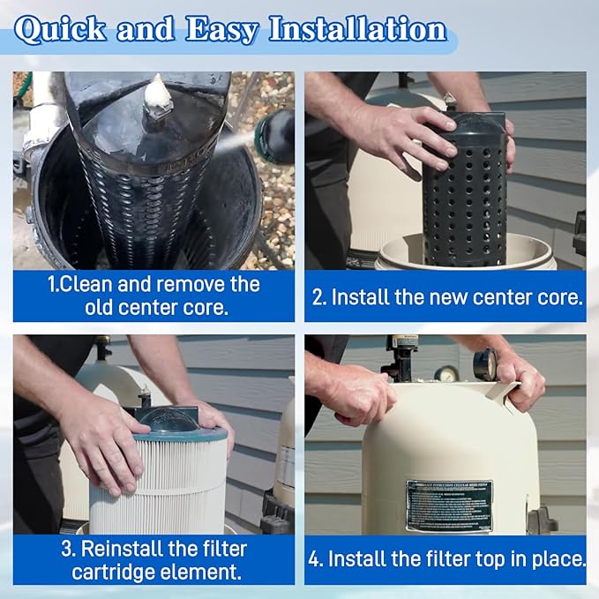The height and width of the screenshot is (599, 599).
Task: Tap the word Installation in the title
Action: point(356,30)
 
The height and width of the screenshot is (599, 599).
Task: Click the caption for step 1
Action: point(153,296)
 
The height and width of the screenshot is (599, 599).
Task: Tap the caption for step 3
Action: point(153,559)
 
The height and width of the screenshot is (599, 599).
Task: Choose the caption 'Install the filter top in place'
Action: point(446,559)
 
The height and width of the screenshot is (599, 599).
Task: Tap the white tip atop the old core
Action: point(156,92)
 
